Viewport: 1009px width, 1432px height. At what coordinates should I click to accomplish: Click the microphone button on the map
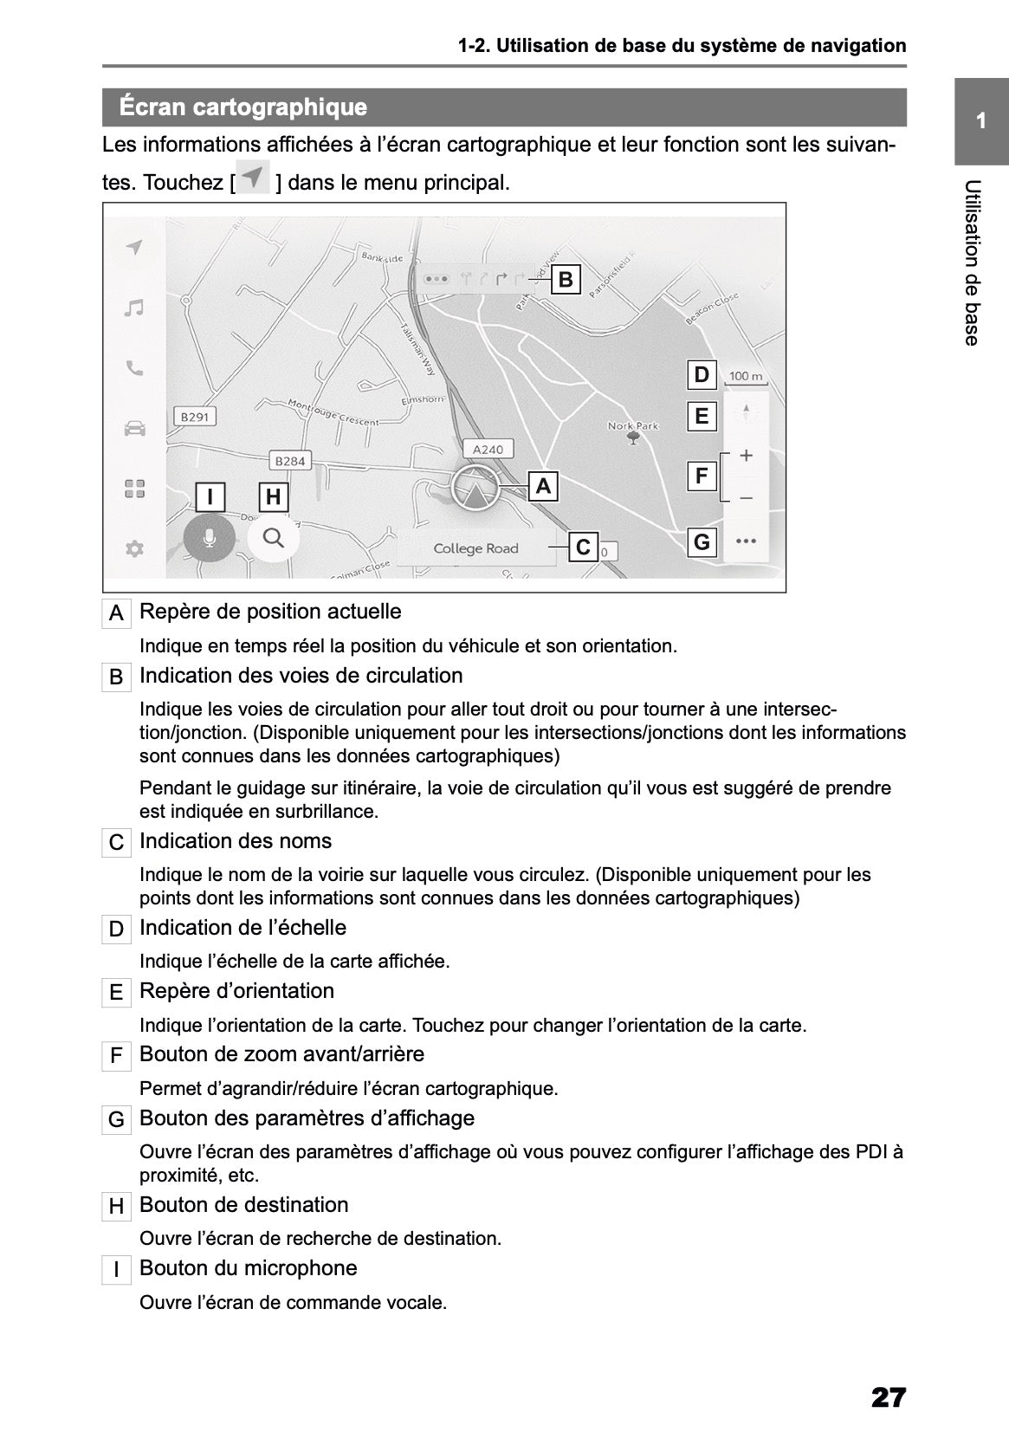209,539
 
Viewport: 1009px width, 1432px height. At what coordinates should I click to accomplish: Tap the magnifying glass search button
274,538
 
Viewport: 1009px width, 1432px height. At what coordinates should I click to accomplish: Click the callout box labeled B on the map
566,280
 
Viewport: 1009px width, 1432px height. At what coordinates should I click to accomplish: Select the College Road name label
475,548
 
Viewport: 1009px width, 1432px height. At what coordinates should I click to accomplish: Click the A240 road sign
488,449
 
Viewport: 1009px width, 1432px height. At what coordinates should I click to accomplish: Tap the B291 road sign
194,417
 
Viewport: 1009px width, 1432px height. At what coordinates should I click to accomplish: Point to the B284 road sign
289,461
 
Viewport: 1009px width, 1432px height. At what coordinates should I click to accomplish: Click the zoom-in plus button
746,456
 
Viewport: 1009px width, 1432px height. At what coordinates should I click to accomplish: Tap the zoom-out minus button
746,498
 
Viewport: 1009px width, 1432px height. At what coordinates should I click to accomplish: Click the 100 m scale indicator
746,377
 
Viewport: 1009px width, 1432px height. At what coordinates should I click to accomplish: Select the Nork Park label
633,426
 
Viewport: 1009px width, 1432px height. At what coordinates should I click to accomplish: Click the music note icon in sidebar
133,308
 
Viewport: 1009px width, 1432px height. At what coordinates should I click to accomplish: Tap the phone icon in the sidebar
133,368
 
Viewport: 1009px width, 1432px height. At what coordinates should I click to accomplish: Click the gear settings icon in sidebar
133,548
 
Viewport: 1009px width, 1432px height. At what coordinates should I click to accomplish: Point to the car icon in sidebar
133,428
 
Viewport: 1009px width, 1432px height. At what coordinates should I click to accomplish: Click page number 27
888,1373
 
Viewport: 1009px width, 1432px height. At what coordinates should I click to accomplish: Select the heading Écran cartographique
243,107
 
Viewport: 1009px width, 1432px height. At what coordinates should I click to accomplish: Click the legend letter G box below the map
116,1120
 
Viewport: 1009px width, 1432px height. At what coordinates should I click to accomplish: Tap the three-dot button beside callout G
746,541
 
